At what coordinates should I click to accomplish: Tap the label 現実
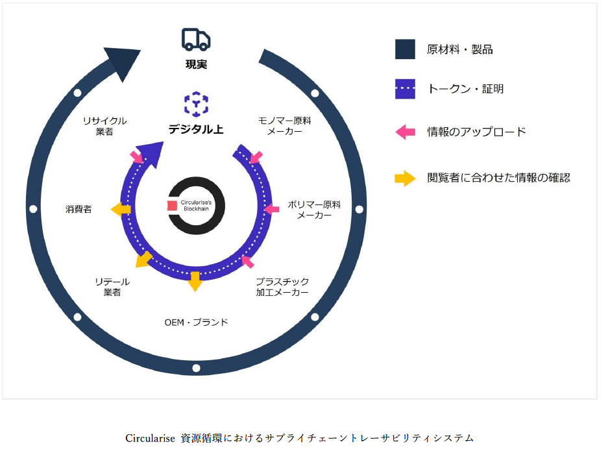(196, 64)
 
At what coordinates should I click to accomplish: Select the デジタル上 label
(196, 129)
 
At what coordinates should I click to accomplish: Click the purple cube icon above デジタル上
(196, 103)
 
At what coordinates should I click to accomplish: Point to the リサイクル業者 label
(104, 126)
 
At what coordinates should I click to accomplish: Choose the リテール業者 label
(112, 287)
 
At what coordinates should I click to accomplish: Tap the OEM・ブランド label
(196, 321)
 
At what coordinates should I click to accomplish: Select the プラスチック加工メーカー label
(282, 287)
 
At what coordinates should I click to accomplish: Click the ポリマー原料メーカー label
(315, 210)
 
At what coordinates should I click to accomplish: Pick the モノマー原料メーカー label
(284, 126)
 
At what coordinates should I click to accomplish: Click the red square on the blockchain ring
(172, 206)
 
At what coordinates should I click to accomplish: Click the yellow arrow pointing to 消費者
(120, 209)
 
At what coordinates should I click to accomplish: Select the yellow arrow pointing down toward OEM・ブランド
(195, 281)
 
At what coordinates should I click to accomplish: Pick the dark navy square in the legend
(405, 49)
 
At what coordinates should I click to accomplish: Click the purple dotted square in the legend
(405, 89)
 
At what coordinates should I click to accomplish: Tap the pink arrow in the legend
(405, 132)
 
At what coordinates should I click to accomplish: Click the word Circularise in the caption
(150, 438)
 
